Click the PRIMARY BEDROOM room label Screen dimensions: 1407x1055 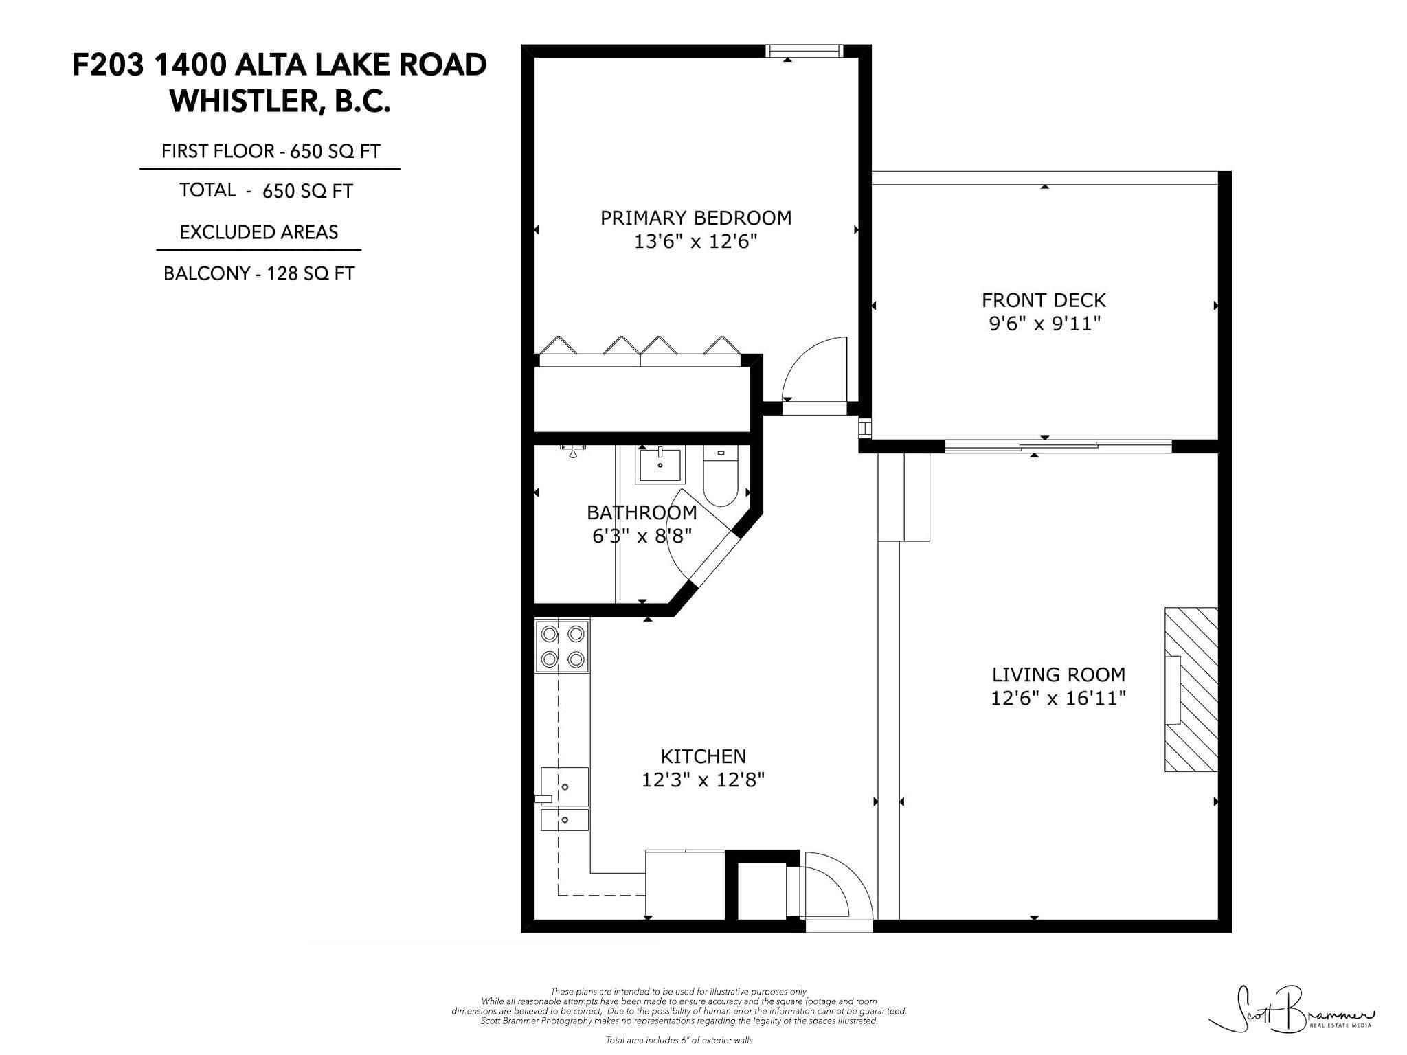[x=696, y=218]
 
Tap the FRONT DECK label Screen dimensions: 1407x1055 [x=1044, y=300]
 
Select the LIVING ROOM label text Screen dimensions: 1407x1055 [x=1058, y=674]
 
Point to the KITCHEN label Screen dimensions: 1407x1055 [x=703, y=756]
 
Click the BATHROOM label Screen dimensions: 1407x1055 [x=642, y=512]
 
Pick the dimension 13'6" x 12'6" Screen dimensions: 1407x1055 [x=696, y=242]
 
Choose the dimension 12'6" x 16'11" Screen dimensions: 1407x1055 [x=1058, y=699]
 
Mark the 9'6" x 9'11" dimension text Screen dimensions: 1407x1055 [x=1044, y=324]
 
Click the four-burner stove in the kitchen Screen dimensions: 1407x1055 [x=563, y=646]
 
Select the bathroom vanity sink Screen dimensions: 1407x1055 [x=660, y=464]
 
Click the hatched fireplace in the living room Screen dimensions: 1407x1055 [x=1191, y=690]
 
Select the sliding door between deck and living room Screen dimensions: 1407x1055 [x=1058, y=446]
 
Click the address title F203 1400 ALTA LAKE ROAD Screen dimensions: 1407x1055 [x=280, y=65]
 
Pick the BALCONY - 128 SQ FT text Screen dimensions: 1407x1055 [x=259, y=274]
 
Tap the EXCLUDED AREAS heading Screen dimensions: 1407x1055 [x=259, y=232]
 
